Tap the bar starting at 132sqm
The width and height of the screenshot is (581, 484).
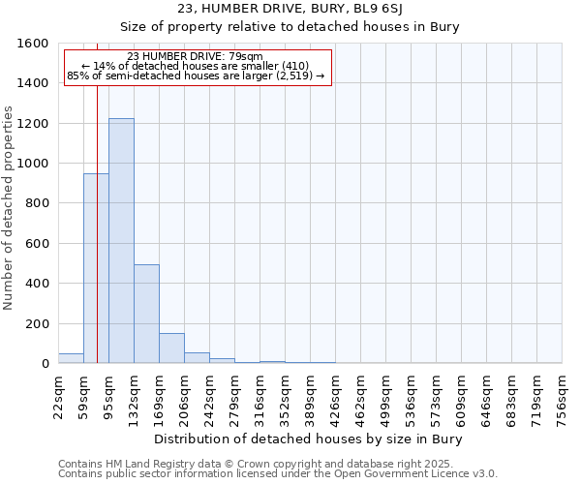146,314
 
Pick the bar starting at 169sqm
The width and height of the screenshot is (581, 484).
171,348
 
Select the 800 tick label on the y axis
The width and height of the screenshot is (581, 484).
37,203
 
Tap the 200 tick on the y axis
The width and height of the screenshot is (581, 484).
37,323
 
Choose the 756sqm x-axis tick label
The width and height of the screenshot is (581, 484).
563,396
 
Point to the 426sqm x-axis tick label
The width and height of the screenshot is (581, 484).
336,396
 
